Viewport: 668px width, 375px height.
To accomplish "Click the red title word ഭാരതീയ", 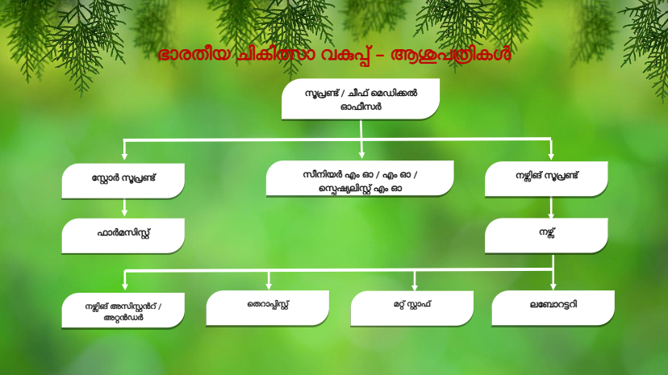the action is [x=194, y=55].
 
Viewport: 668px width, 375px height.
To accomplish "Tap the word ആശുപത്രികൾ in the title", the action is [x=450, y=56].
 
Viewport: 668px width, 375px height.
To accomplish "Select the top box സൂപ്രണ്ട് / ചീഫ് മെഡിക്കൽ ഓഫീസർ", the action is [x=361, y=99].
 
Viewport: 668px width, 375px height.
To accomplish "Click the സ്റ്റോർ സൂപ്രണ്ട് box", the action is [x=123, y=181].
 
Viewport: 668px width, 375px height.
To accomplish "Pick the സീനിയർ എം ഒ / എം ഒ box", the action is [x=360, y=179].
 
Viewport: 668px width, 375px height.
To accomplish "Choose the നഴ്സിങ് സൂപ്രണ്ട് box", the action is [x=546, y=179].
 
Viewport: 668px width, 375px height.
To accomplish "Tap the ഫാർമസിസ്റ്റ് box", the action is [x=123, y=235].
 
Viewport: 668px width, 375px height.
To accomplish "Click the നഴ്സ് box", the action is [x=546, y=235].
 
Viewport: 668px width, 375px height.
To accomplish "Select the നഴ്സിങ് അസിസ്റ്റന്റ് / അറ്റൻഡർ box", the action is [x=123, y=310].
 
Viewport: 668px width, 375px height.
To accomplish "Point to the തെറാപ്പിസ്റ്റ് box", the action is [x=268, y=308].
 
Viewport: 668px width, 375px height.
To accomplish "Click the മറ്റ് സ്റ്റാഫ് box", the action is [x=412, y=309].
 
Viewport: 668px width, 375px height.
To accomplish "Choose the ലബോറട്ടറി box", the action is [x=553, y=308].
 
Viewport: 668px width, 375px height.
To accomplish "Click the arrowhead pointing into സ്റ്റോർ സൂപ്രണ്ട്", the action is [x=124, y=156].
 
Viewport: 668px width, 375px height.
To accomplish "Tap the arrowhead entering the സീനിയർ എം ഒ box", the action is [x=361, y=155].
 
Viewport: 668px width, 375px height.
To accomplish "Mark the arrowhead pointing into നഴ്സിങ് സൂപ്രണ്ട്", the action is [x=551, y=156].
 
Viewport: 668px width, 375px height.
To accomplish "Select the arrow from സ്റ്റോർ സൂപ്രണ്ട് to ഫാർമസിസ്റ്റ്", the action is [x=124, y=208].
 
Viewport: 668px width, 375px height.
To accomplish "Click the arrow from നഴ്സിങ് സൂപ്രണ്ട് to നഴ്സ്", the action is [x=551, y=208].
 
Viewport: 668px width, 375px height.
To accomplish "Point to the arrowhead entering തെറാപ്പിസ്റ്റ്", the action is [x=269, y=285].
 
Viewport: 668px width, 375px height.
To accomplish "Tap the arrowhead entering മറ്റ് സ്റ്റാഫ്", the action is [x=414, y=286].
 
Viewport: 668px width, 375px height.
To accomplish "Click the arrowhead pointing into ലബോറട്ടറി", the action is [x=553, y=286].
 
